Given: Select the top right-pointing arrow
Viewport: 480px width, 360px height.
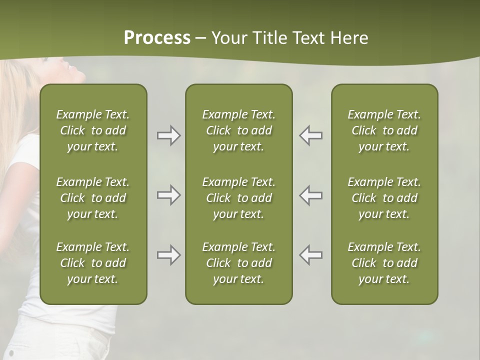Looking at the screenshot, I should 168,135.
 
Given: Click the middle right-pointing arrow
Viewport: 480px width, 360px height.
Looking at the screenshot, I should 168,195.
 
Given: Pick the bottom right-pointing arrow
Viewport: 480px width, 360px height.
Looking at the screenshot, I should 168,255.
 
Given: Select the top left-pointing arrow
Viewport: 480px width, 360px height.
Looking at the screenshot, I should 311,135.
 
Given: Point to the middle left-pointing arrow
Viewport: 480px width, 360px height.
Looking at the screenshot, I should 311,195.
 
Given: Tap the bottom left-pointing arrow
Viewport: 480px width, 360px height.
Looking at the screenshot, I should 311,255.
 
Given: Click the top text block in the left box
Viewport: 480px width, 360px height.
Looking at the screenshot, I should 93,130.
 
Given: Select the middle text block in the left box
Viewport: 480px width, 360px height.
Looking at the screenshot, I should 93,198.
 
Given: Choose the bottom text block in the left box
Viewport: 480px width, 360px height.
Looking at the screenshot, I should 93,263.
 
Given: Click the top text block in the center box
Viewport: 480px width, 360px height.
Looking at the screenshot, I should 238,130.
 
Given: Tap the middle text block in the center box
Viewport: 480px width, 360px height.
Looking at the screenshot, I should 238,198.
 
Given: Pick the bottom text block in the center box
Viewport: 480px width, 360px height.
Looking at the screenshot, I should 238,263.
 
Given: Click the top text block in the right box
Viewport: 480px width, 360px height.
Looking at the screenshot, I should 384,130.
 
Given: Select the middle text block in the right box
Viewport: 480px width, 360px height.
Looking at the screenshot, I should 384,198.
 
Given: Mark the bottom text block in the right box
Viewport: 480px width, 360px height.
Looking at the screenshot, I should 384,263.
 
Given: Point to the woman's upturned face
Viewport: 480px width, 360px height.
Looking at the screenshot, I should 70,70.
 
